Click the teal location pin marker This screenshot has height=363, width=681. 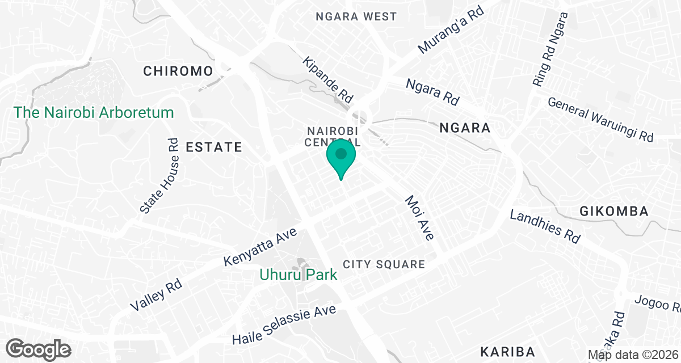point(341,157)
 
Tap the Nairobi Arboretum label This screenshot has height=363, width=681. point(94,112)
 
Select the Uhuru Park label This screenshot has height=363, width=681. point(299,275)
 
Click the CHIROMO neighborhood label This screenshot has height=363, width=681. point(178,71)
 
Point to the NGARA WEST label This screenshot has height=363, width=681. point(356,16)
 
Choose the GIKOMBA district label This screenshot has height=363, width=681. point(614,212)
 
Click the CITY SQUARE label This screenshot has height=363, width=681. point(384,264)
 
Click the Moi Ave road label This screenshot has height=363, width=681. point(419,218)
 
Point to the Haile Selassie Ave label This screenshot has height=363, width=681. point(284,324)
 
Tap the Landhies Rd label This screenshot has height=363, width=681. point(545,226)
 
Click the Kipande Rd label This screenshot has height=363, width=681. point(328,79)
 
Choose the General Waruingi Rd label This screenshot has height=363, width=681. point(600,120)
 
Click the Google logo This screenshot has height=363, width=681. point(39,349)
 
